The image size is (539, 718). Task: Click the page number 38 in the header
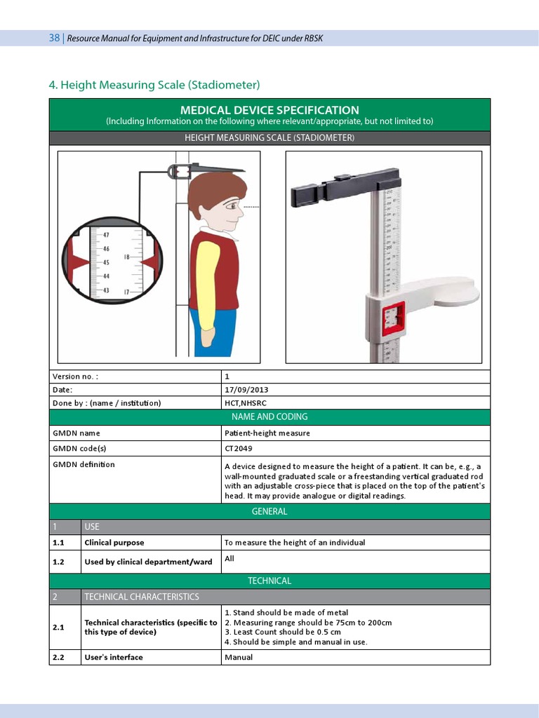(x=54, y=38)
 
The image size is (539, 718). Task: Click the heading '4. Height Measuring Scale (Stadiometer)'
(x=154, y=85)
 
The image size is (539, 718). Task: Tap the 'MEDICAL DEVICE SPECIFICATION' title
(x=269, y=110)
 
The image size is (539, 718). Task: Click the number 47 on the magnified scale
(x=106, y=235)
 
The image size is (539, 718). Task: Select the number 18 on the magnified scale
(x=127, y=257)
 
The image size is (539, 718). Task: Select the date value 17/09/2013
(x=246, y=389)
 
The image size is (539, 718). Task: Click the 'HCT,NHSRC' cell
(x=245, y=403)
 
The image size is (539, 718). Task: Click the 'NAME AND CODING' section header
(x=269, y=416)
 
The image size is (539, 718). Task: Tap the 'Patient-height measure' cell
(x=267, y=433)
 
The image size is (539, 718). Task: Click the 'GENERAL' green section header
(x=269, y=511)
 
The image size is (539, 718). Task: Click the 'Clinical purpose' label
(x=114, y=543)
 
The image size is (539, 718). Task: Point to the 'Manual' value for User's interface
(x=239, y=658)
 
